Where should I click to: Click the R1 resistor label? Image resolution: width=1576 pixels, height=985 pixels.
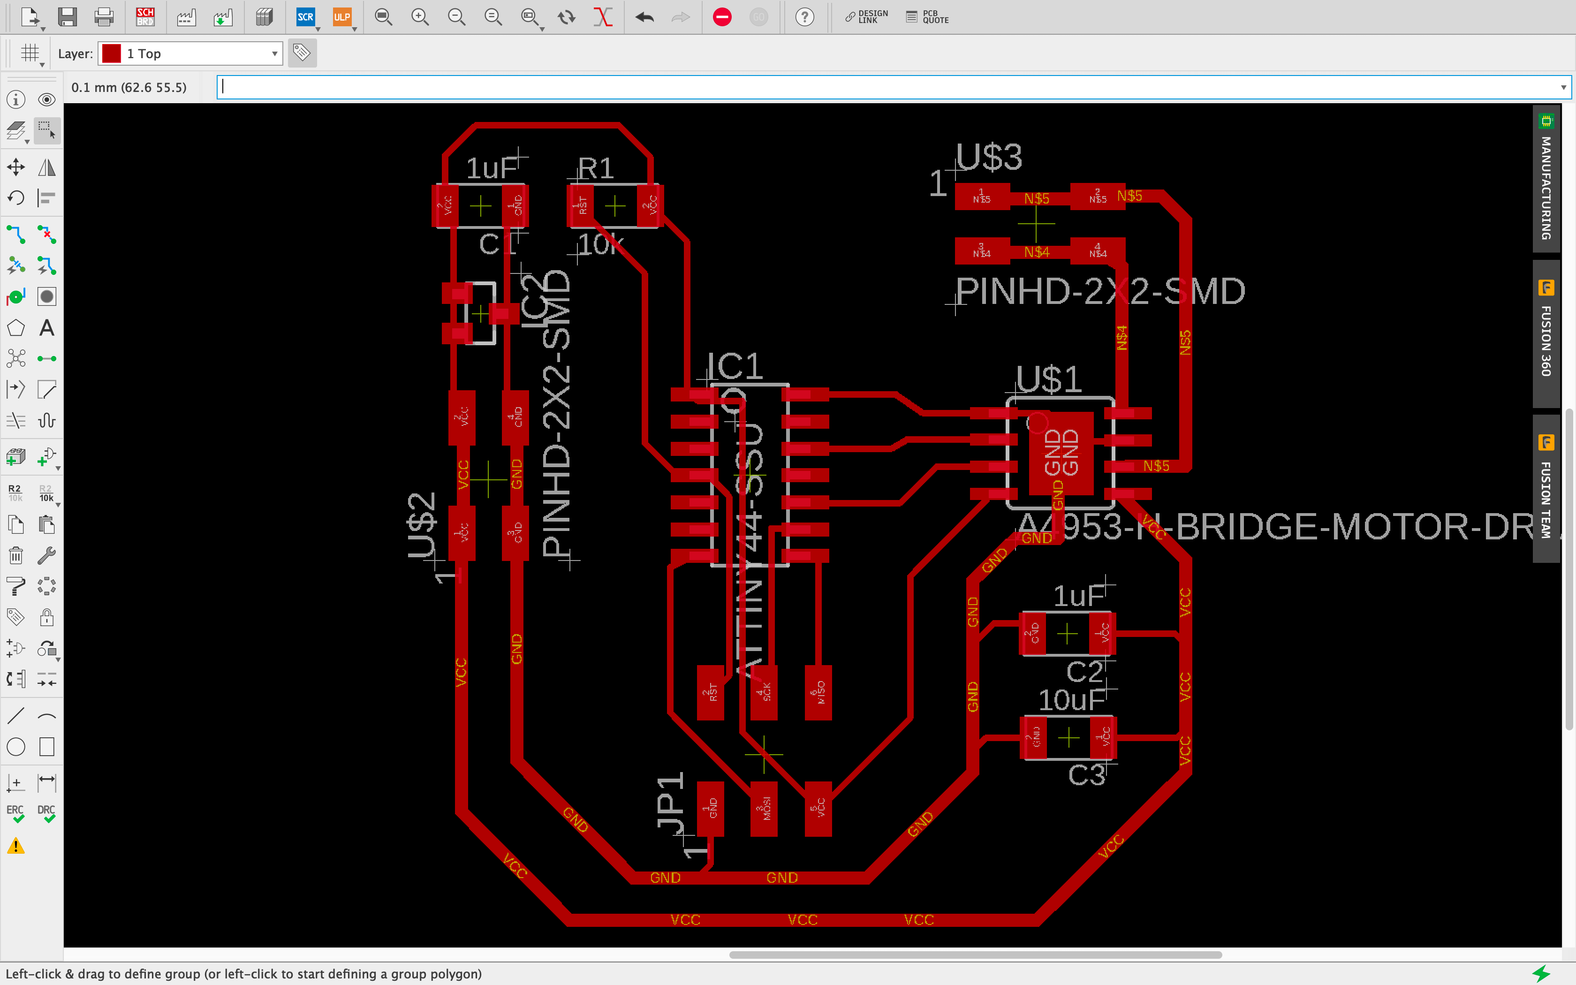[596, 169]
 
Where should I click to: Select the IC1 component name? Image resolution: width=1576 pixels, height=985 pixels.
[735, 366]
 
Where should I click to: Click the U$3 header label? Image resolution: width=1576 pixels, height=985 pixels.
[989, 158]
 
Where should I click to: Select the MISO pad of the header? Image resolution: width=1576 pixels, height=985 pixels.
[818, 692]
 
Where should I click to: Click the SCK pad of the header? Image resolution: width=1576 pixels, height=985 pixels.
[764, 692]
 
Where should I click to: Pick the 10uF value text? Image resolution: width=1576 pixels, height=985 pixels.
[1071, 700]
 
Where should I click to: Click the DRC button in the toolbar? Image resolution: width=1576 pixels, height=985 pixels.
[46, 813]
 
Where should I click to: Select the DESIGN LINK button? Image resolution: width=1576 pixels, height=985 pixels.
[866, 17]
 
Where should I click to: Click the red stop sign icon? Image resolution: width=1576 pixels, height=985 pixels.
[721, 17]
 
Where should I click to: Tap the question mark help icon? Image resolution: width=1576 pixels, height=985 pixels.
[805, 17]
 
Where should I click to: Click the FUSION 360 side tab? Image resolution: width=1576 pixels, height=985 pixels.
[1546, 332]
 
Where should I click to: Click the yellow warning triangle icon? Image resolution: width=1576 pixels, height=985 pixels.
[15, 846]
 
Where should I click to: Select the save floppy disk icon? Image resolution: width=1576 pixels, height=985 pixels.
[68, 17]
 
